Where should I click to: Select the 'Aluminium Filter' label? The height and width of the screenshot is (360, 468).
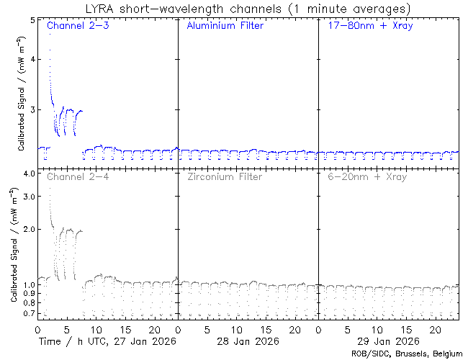click(x=225, y=26)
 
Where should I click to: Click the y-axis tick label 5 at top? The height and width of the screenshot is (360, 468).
click(x=32, y=20)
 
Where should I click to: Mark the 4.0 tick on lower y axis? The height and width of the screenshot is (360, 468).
click(x=29, y=174)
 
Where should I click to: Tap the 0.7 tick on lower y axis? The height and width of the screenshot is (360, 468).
click(x=29, y=315)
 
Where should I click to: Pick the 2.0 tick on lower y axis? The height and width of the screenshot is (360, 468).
click(x=29, y=229)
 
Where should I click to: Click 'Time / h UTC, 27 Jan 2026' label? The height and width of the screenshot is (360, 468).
click(x=109, y=341)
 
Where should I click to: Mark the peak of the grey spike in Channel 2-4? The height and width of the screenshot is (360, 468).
click(x=49, y=189)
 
